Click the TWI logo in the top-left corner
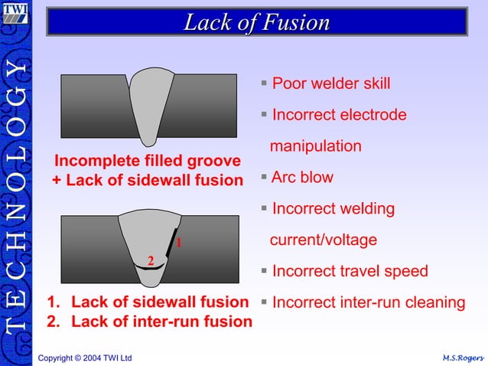pyautogui.click(x=16, y=15)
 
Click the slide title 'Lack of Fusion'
pyautogui.click(x=256, y=22)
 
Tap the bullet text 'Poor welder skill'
pyautogui.click(x=330, y=83)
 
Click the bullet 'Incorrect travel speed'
pyautogui.click(x=350, y=271)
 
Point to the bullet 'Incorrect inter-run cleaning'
pyautogui.click(x=368, y=302)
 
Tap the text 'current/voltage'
pyautogui.click(x=323, y=240)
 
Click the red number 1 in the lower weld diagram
pyautogui.click(x=178, y=243)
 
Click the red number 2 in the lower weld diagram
pyautogui.click(x=151, y=261)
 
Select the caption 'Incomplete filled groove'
pyautogui.click(x=147, y=161)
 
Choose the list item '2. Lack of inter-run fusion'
pyautogui.click(x=149, y=322)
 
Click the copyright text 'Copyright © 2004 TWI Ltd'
pyautogui.click(x=85, y=358)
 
